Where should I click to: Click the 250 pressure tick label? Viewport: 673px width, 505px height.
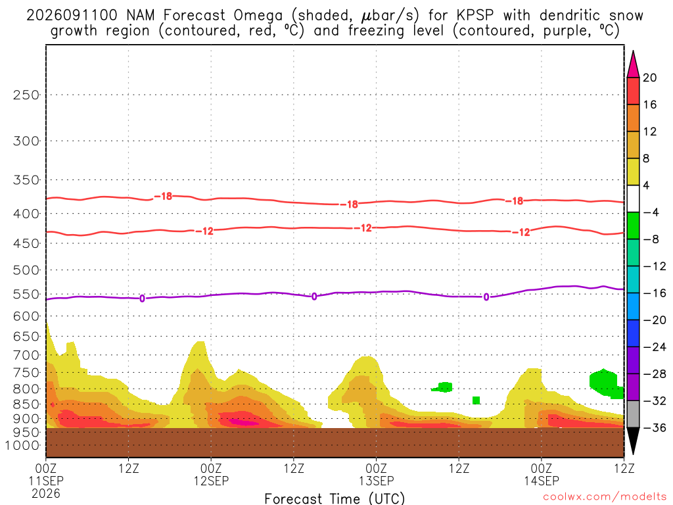[26, 95]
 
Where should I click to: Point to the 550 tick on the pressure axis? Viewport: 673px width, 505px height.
[26, 295]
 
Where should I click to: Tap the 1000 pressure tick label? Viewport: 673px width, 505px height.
[23, 446]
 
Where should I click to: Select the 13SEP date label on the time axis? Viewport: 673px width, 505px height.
[377, 481]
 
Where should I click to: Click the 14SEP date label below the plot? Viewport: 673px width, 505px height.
[542, 481]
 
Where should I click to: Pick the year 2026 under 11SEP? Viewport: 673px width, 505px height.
[46, 494]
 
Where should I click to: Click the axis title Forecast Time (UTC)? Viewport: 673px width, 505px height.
[335, 498]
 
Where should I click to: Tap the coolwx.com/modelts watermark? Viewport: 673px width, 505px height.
[605, 497]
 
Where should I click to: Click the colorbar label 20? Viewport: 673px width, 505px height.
[650, 78]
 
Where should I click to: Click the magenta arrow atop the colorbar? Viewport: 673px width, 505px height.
[633, 64]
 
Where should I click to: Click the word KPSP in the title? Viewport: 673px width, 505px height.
[475, 16]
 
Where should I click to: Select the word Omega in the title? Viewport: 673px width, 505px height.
[258, 16]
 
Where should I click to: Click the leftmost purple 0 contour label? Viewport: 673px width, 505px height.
[142, 299]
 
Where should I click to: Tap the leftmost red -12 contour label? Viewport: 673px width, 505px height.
[204, 231]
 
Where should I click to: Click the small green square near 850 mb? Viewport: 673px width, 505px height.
[476, 400]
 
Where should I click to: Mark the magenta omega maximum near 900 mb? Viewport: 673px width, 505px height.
[244, 422]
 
